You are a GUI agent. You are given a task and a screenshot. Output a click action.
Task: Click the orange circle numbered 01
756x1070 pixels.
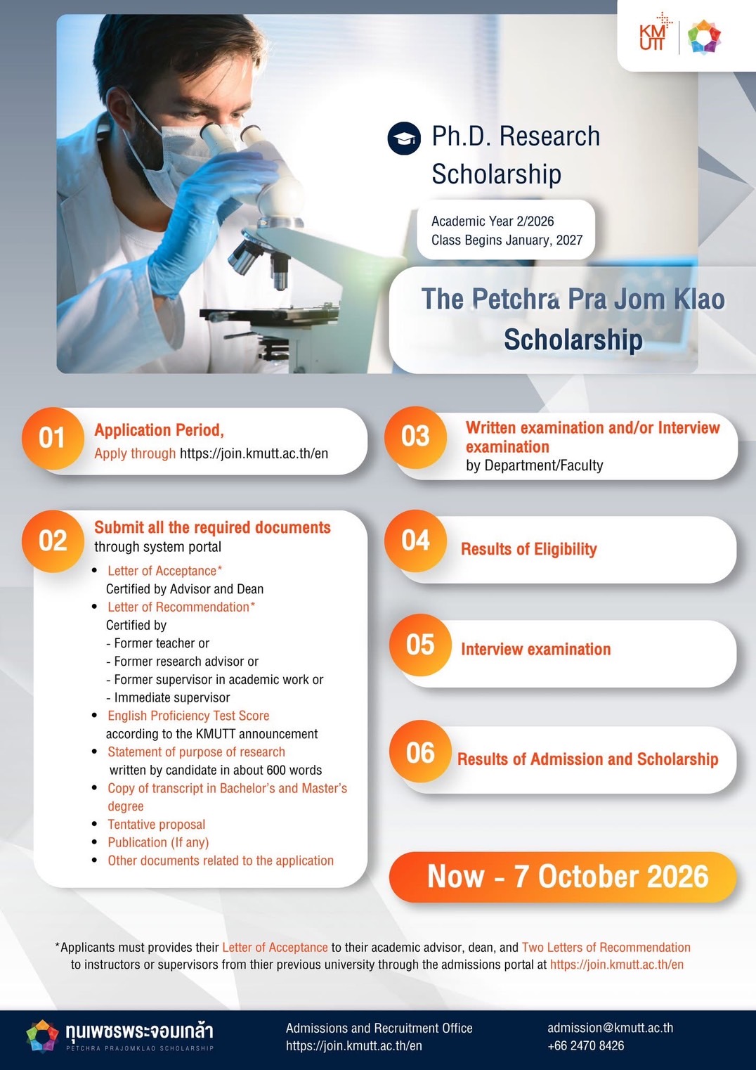coord(53,438)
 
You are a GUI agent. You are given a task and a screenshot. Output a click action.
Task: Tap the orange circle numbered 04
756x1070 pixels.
coord(416,540)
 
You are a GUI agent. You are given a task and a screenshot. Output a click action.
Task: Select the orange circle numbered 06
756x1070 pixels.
coord(420,752)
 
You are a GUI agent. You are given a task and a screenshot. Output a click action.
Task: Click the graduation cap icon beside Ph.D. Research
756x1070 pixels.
coord(404,138)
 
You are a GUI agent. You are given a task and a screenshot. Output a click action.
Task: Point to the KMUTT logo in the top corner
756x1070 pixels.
coord(653,32)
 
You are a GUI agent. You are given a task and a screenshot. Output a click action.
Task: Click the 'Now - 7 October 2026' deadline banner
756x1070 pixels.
coord(563,877)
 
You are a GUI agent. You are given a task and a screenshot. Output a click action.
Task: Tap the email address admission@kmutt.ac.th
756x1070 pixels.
coord(610,1028)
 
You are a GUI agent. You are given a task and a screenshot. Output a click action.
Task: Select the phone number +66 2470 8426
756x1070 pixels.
coord(585,1045)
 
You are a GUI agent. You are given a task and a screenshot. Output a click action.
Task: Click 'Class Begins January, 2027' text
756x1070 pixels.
coord(507,240)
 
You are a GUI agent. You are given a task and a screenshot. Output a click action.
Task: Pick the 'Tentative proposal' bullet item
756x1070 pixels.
coord(156,825)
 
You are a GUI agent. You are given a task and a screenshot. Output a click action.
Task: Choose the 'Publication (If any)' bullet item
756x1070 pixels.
coord(158,843)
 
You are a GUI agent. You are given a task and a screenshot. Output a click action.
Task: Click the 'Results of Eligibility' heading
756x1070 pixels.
coord(529,549)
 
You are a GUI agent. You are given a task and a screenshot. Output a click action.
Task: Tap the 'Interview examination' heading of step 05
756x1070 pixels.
coord(535,649)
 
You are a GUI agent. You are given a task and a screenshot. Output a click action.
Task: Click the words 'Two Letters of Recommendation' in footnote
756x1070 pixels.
coord(606,947)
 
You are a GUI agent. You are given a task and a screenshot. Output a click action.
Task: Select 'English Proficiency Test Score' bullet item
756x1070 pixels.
coord(188,716)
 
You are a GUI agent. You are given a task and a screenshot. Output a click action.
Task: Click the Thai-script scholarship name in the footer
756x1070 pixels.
coord(139,1031)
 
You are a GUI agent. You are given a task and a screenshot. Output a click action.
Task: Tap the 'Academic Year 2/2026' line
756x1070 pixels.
coord(493,221)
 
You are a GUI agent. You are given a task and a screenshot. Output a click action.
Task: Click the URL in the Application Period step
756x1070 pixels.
coord(254,453)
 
